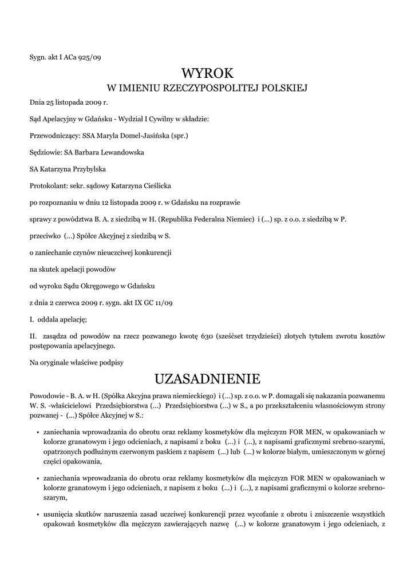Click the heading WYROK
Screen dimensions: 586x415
click(x=207, y=73)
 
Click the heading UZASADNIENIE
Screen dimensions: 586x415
click(x=207, y=379)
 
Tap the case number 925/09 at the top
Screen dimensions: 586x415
click(x=89, y=57)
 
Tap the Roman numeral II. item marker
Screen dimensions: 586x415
click(x=33, y=335)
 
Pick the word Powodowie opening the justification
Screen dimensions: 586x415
click(x=46, y=396)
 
